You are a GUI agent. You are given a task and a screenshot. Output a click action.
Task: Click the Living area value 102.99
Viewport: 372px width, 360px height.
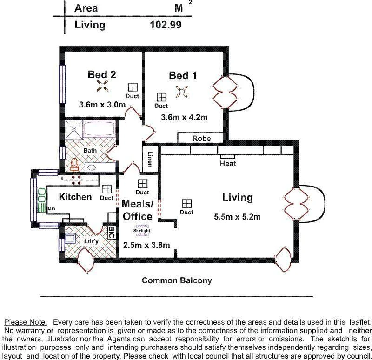click(x=166, y=25)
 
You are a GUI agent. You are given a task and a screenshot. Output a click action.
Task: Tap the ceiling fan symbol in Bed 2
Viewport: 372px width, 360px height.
click(x=102, y=86)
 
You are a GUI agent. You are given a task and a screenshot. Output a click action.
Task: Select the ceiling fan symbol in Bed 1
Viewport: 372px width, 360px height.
click(x=181, y=92)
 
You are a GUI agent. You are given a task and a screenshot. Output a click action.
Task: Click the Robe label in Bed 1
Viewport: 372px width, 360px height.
click(x=201, y=138)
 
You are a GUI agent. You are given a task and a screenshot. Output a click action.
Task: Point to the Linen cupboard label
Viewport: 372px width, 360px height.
click(x=150, y=159)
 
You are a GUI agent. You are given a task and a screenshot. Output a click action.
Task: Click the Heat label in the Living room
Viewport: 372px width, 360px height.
click(x=228, y=164)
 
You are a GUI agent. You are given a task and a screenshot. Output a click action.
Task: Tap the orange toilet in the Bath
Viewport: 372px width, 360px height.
click(x=74, y=164)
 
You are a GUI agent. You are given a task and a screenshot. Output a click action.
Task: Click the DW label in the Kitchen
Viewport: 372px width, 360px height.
click(x=52, y=208)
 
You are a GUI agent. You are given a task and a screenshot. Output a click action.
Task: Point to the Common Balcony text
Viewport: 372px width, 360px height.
click(x=177, y=280)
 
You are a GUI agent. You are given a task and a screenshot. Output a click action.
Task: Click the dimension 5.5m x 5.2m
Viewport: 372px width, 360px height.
click(x=237, y=217)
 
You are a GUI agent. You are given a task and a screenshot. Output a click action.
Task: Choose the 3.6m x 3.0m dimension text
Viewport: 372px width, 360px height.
click(x=102, y=105)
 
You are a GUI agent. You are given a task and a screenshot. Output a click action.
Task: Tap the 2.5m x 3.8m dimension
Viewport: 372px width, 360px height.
click(x=146, y=245)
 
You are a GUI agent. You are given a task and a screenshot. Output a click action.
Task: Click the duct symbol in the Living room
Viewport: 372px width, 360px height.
click(x=186, y=203)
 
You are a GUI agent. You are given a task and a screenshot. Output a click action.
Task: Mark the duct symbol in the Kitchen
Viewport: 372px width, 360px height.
click(x=107, y=189)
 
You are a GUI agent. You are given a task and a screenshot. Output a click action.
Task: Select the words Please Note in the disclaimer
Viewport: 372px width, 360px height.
click(x=26, y=322)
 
